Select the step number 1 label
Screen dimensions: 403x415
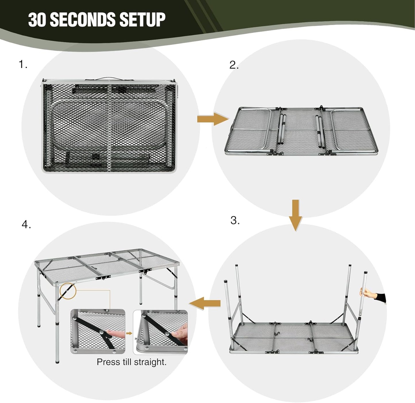23,65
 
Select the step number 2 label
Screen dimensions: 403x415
234,65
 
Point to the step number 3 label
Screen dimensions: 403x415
235,220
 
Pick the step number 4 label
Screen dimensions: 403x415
26,224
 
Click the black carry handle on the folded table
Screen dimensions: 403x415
108,78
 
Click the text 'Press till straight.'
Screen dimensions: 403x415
132,362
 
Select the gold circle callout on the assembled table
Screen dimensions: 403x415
68,291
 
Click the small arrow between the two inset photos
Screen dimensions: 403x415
129,333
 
